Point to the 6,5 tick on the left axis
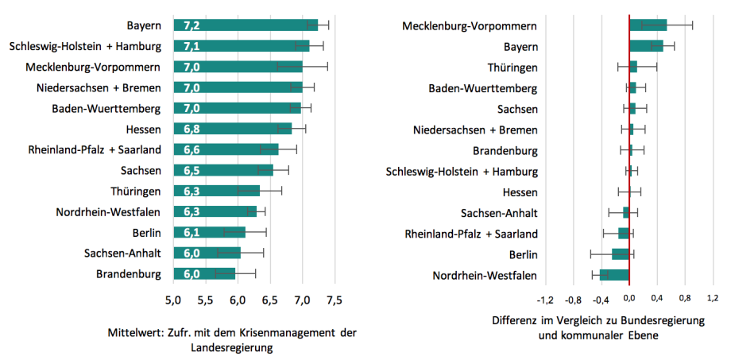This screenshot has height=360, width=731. [x=269, y=300]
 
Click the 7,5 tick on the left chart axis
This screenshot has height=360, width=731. [x=335, y=300]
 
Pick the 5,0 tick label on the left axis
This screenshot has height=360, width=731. [x=172, y=300]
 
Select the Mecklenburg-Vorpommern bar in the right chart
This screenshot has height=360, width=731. [x=648, y=25]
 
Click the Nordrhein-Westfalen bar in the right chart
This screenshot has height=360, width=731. [x=614, y=275]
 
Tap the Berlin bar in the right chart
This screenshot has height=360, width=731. [x=621, y=254]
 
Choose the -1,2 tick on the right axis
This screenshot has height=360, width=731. [x=545, y=300]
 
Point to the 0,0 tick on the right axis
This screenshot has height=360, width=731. [x=629, y=300]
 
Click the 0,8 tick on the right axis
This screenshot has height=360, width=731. [x=685, y=300]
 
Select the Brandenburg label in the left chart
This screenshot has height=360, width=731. [x=129, y=274]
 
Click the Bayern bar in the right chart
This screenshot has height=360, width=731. [x=646, y=46]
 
